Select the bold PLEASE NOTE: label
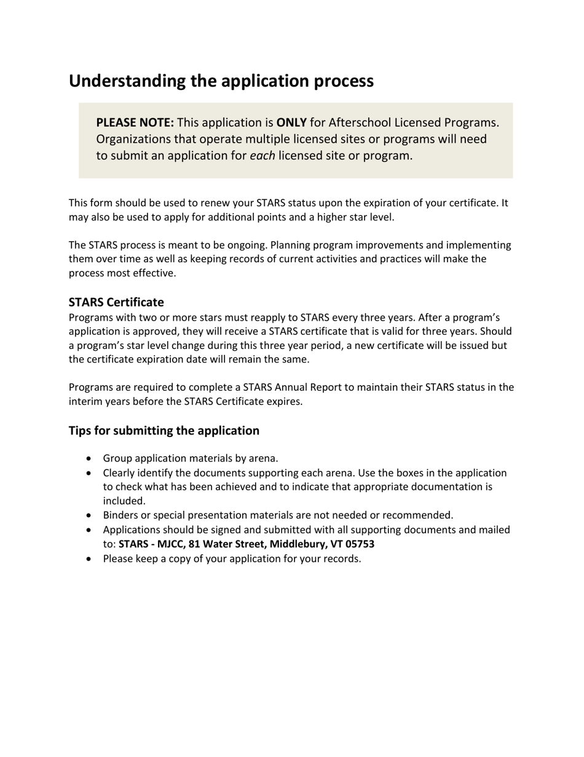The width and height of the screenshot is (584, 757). (x=135, y=122)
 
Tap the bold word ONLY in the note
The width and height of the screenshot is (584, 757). (x=291, y=122)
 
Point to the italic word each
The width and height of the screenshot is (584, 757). (x=262, y=156)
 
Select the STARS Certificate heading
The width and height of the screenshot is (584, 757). (x=116, y=302)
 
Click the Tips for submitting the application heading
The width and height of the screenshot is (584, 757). (x=164, y=430)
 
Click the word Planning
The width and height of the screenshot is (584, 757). (x=291, y=245)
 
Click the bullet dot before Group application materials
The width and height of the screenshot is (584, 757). (x=91, y=459)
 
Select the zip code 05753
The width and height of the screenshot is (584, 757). (x=358, y=544)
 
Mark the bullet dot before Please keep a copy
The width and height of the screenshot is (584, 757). (x=91, y=559)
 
